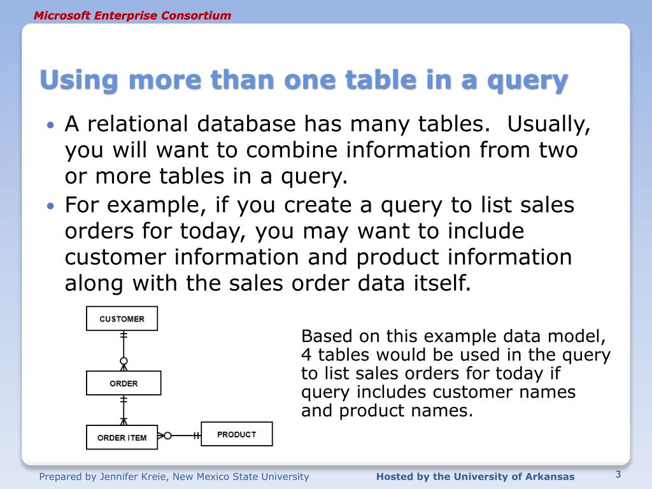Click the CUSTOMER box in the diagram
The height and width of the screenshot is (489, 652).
pos(122,318)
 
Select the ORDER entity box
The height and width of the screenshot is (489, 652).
pos(124,383)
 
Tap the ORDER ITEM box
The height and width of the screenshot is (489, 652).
pos(122,437)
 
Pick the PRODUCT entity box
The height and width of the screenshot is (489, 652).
pos(236,434)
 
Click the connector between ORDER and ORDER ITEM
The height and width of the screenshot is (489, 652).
pos(124,409)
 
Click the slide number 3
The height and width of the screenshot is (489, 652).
pos(618,474)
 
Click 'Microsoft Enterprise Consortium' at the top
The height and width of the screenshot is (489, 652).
pos(132,15)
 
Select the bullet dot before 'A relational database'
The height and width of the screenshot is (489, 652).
pos(52,125)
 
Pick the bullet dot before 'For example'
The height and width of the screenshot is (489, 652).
pos(52,206)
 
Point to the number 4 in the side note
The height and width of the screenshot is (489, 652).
pos(305,355)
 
